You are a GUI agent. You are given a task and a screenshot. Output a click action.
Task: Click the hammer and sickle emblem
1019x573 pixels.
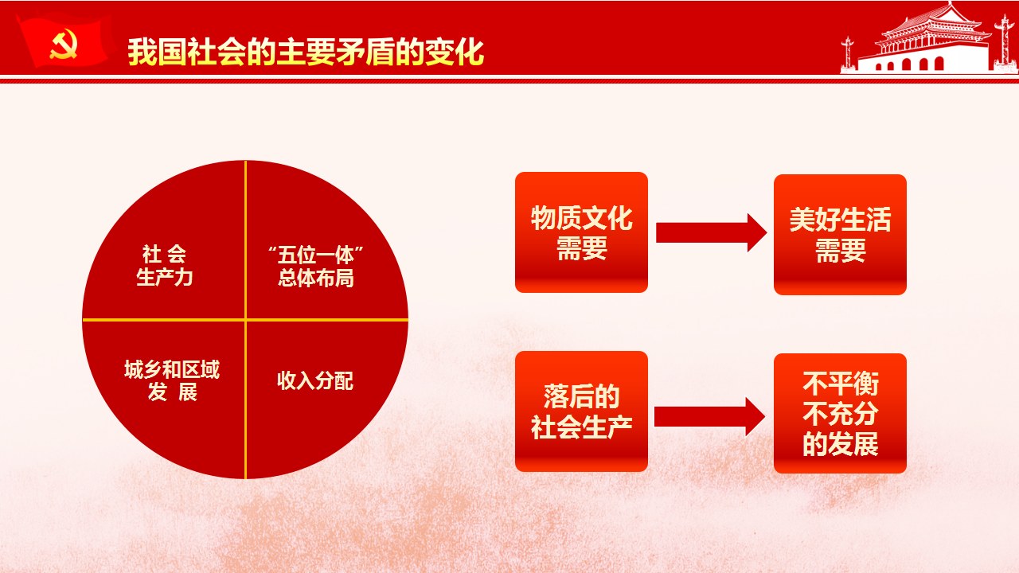click(x=63, y=44)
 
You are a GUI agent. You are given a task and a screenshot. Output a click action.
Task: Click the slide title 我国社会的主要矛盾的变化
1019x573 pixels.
click(x=306, y=53)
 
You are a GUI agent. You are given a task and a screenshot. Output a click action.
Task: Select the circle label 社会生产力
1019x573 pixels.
click(x=165, y=266)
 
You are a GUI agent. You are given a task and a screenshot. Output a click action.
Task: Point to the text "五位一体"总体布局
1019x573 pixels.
click(x=316, y=267)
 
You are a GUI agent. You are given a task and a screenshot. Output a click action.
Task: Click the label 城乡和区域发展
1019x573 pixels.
click(x=172, y=380)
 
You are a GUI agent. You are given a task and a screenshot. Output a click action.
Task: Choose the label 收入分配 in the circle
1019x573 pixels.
click(x=315, y=380)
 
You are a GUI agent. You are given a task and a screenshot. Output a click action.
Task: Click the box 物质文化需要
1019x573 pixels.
click(x=581, y=232)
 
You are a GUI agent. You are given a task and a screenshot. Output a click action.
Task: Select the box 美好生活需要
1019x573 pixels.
click(x=840, y=235)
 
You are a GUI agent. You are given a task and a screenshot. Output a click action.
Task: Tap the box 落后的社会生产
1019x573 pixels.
click(x=581, y=411)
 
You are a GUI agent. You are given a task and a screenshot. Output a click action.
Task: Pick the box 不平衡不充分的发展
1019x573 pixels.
click(x=840, y=413)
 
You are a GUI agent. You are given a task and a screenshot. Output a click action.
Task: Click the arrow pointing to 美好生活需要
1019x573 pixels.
click(x=711, y=232)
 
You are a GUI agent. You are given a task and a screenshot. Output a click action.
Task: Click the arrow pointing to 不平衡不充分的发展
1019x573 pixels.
click(x=709, y=416)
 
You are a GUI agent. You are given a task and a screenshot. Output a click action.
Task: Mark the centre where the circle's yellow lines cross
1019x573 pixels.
click(x=246, y=320)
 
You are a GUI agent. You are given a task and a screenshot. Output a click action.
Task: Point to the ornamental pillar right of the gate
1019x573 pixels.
click(x=1005, y=43)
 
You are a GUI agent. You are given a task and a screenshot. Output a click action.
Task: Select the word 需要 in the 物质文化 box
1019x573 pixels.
click(x=582, y=248)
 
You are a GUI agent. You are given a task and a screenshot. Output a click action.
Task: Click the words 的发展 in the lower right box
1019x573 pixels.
click(x=840, y=443)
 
